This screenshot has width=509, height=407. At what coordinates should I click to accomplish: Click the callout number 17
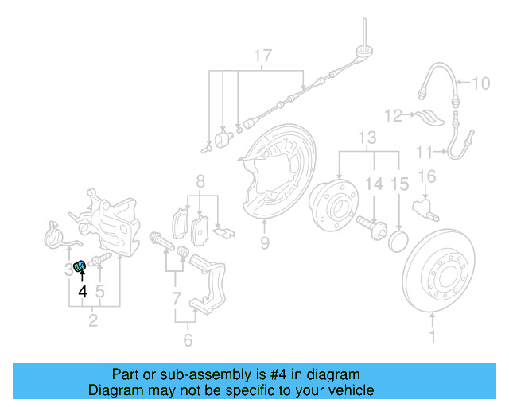point(262,56)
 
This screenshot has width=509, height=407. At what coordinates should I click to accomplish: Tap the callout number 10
point(483,83)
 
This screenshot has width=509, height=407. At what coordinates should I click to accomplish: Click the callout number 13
point(367,140)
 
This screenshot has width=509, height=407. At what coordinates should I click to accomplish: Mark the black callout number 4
point(82,291)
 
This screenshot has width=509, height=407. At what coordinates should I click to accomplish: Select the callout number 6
point(188,340)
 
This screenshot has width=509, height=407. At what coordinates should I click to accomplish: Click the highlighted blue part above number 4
point(80,266)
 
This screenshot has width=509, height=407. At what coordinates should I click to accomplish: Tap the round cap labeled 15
point(398,240)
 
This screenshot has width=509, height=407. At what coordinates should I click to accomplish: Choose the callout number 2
point(94,321)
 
